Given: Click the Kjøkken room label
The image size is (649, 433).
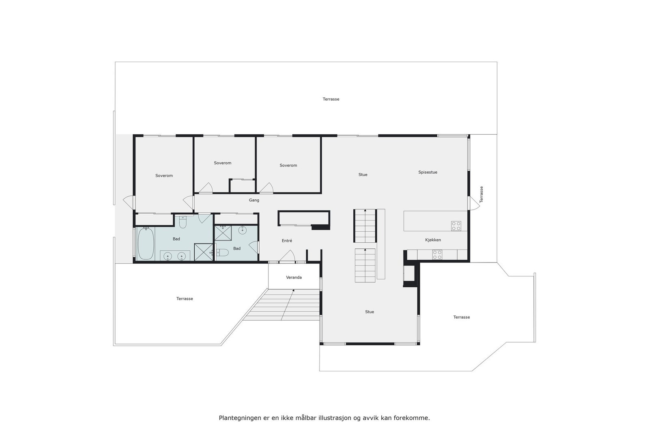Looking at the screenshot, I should point(433,240).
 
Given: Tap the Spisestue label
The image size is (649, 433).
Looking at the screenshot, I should point(428,172).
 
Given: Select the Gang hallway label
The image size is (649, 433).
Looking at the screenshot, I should point(254,200).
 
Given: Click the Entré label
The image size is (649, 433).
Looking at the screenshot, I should point(287,241).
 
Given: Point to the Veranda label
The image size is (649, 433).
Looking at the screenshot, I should point(294,278).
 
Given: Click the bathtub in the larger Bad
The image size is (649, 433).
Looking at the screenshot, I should point(146,243).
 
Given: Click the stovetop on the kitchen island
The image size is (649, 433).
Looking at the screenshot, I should point(456,226).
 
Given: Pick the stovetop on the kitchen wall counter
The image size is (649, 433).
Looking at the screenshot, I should point(437,255).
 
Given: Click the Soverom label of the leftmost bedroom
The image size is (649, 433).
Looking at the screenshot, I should point(164,176).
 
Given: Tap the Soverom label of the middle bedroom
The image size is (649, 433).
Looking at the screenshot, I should point(222,163).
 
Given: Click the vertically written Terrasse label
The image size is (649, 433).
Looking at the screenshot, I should point(481,194).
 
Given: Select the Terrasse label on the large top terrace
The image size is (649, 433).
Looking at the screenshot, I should point(331,99).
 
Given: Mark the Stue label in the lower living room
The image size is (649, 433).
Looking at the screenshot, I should point(369,312).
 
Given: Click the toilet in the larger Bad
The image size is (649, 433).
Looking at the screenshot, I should point(182,223).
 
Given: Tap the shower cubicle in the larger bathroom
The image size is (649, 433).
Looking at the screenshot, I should point(204,252).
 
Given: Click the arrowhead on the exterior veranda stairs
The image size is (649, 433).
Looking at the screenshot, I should point(293,291).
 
